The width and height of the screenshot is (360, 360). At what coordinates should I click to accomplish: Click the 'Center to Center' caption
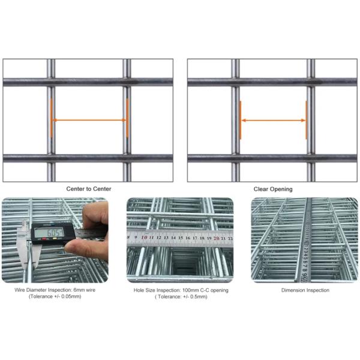88,189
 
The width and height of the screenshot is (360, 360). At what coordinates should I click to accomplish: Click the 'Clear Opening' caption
272,189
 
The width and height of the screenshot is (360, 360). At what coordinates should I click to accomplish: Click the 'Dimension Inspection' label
305,290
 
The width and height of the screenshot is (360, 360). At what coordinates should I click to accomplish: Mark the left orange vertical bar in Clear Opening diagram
241,120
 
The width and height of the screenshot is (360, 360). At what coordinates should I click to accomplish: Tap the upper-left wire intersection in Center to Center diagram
51,82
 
